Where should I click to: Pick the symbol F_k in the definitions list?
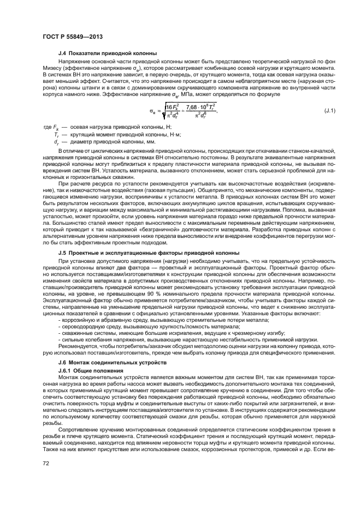[56, 127]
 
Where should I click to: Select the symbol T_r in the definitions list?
[56, 133]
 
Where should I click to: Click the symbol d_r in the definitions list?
[56, 140]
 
